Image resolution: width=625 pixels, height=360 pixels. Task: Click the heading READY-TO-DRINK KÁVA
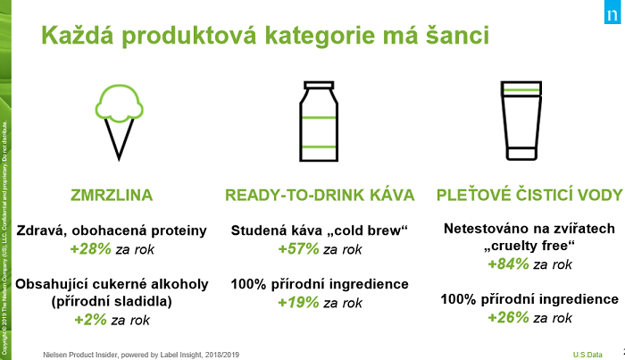coord(319,196)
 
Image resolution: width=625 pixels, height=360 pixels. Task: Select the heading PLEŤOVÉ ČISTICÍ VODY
coord(529,196)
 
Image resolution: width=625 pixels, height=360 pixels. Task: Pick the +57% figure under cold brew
coord(297,248)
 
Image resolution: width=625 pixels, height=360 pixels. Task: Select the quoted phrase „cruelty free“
coord(530,247)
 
